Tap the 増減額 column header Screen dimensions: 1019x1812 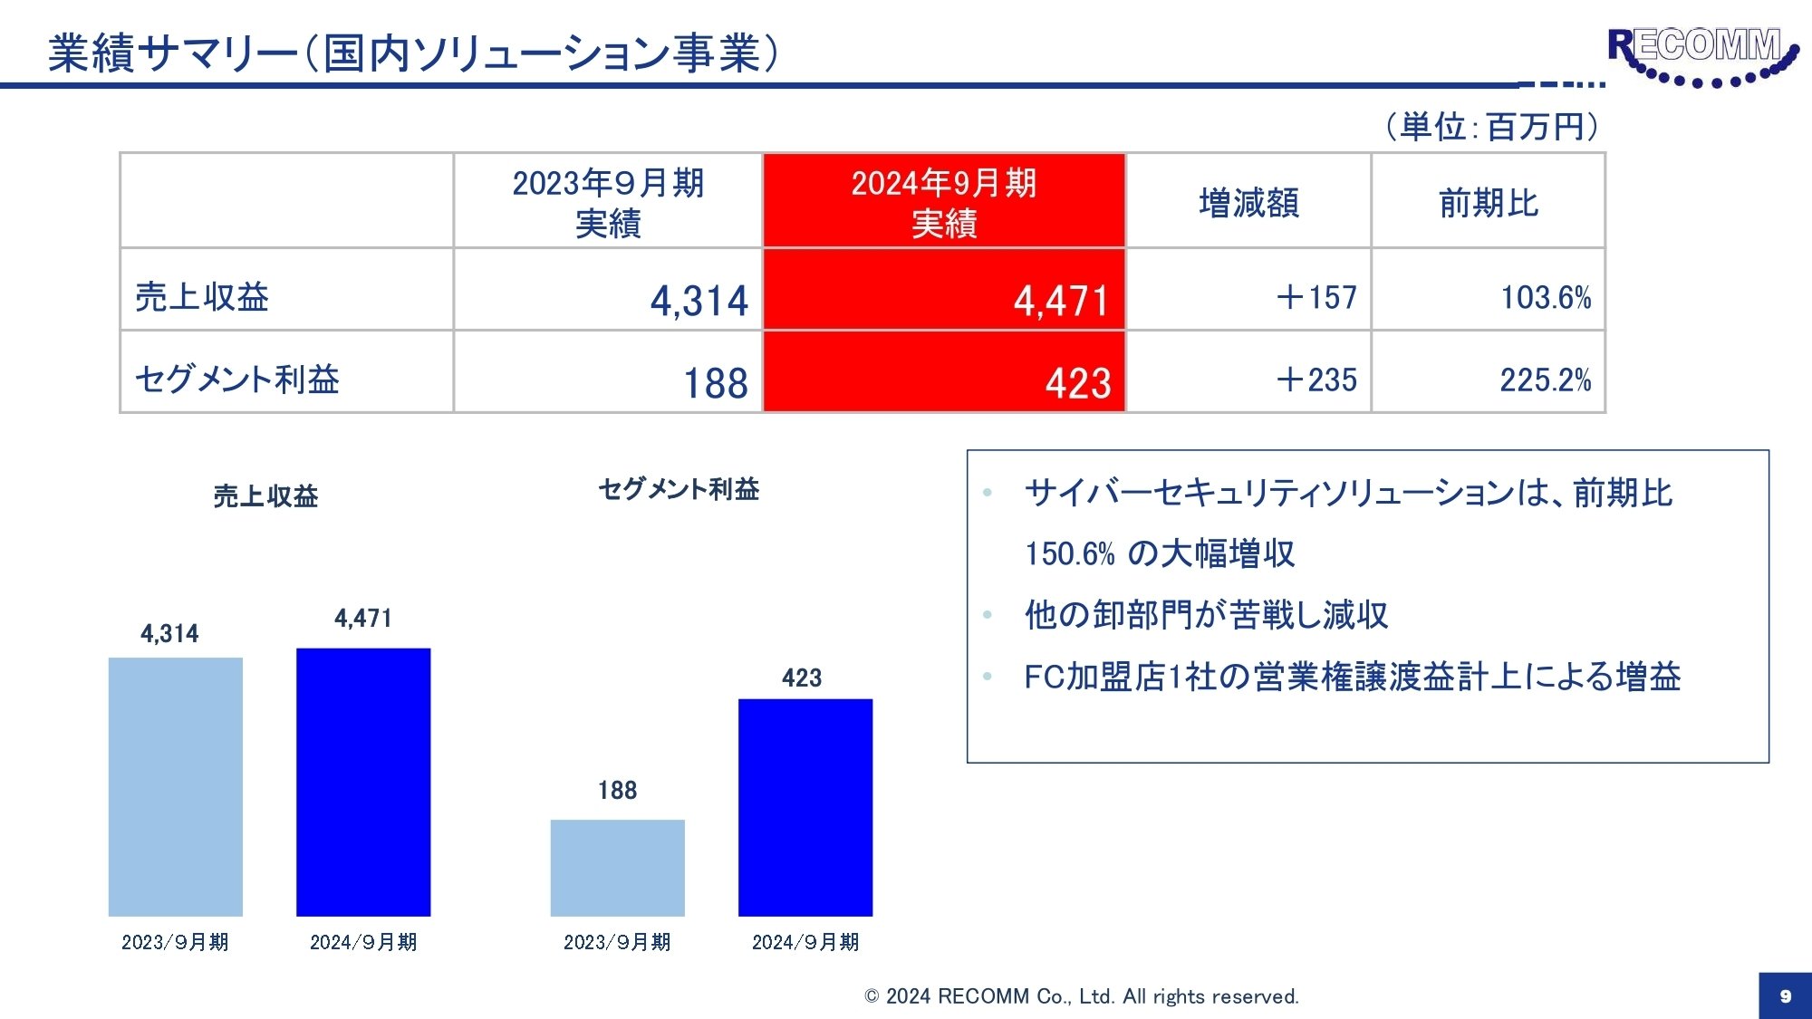tap(1248, 202)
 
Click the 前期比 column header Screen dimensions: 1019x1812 tap(1489, 202)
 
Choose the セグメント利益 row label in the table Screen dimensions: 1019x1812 tap(237, 379)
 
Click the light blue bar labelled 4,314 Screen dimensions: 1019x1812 tap(176, 786)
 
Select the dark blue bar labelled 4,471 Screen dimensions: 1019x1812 tap(363, 782)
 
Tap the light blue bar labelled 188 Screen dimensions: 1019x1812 tap(618, 868)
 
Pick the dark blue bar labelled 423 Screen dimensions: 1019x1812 tap(805, 807)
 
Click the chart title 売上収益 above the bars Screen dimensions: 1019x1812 tap(265, 495)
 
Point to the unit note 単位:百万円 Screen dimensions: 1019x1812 tap(1491, 127)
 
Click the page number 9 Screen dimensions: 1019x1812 tap(1785, 995)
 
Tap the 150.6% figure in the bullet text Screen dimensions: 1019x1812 tap(1069, 553)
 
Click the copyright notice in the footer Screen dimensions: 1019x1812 tap(1082, 996)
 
